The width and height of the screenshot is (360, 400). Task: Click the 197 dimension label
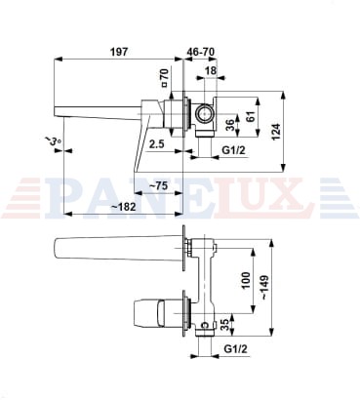click(119, 52)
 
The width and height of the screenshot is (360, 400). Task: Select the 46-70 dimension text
click(201, 52)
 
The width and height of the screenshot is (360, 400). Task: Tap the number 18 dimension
click(211, 70)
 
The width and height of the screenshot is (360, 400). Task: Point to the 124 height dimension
click(275, 132)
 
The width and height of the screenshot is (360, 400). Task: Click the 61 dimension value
click(250, 114)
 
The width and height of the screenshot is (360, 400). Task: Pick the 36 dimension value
click(229, 126)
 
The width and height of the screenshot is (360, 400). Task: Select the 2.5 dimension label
click(157, 143)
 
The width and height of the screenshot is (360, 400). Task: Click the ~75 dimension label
click(158, 186)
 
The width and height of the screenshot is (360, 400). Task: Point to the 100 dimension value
click(246, 280)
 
